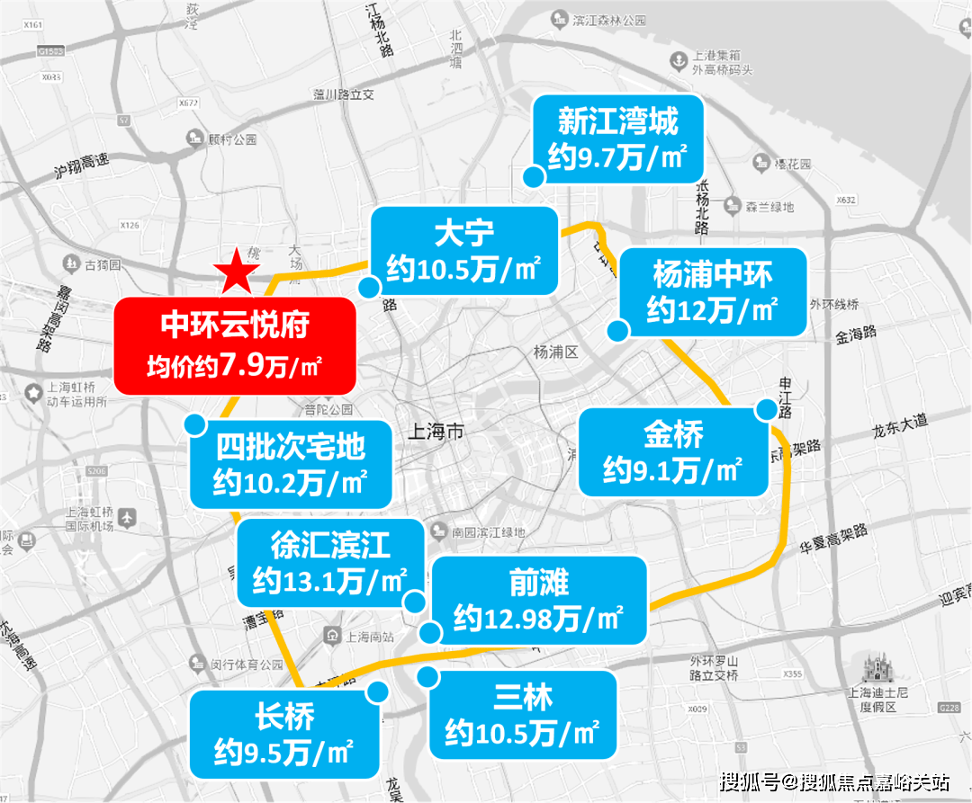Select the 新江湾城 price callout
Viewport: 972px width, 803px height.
click(617, 139)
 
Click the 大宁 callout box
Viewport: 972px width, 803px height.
click(464, 251)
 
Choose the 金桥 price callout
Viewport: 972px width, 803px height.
click(673, 452)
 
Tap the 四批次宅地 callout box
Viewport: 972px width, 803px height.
click(291, 463)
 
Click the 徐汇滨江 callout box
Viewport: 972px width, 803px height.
click(330, 562)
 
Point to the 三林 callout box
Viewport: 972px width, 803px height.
click(523, 715)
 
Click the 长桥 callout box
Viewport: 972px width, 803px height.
click(284, 733)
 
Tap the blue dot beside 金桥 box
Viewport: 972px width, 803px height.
click(767, 410)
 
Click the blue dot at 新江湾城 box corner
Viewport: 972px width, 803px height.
click(534, 177)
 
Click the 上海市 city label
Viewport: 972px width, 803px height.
click(436, 432)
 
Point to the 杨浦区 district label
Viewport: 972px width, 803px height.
click(555, 351)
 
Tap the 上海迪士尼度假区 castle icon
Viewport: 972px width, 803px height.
click(873, 670)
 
